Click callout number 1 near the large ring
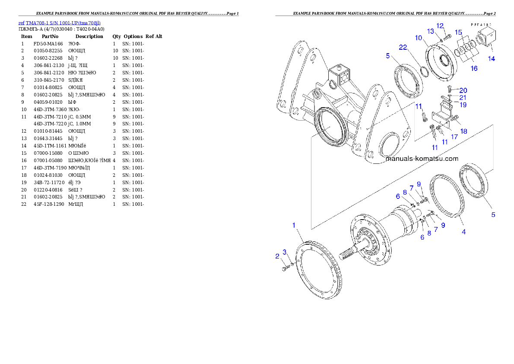click(294, 225)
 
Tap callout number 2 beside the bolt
click(277, 256)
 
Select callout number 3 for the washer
click(285, 252)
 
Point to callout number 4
click(463, 232)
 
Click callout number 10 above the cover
click(419, 38)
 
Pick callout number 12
click(440, 26)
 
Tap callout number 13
click(431, 31)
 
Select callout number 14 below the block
click(492, 59)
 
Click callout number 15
click(459, 32)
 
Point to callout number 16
click(474, 68)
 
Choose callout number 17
click(454, 137)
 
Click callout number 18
click(463, 131)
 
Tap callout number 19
click(463, 105)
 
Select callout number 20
click(463, 90)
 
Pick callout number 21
click(463, 98)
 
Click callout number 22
click(403, 48)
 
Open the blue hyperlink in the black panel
click(59, 23)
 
